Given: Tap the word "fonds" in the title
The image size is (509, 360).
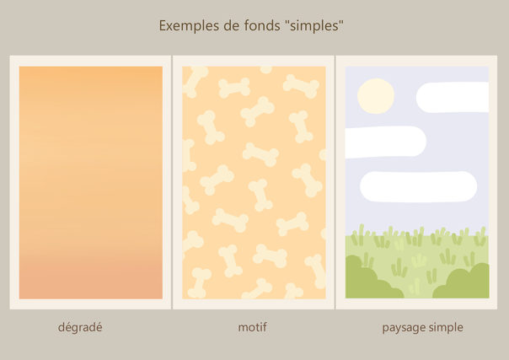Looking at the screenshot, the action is (x=262, y=25).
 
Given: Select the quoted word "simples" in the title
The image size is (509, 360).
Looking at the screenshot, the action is (x=314, y=26).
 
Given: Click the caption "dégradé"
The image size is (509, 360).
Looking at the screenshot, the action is (x=80, y=327).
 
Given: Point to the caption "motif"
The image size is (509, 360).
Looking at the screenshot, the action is (x=252, y=327).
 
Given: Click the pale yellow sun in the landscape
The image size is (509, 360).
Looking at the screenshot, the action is (x=376, y=96).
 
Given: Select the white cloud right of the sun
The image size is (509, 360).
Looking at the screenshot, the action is (x=453, y=98).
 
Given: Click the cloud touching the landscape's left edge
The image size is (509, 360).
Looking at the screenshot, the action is (x=386, y=142).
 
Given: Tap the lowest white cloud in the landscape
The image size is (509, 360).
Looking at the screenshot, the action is (x=419, y=186).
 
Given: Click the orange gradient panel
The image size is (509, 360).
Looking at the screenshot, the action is (x=91, y=182).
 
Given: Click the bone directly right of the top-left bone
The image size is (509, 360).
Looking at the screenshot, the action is (x=234, y=88).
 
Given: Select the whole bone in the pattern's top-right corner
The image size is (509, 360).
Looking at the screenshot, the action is (x=301, y=86).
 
